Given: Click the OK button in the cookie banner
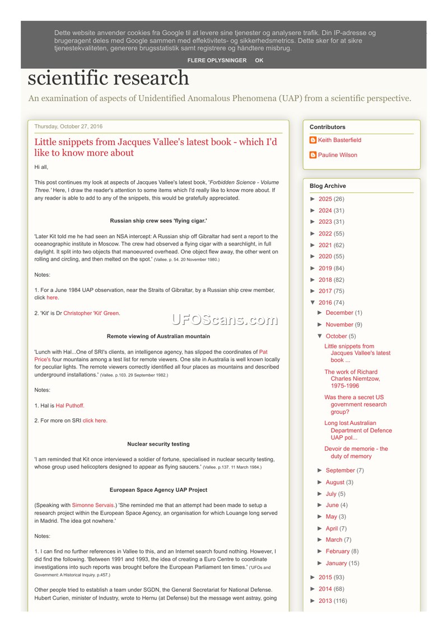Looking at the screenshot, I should pyautogui.click(x=259, y=60).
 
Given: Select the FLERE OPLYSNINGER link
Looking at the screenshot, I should pyautogui.click(x=217, y=60).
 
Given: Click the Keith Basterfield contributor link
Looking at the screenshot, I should pyautogui.click(x=339, y=140).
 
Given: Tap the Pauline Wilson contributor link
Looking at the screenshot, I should pyautogui.click(x=337, y=155).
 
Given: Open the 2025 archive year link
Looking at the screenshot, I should pyautogui.click(x=325, y=199).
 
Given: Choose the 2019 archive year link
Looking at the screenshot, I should pyautogui.click(x=325, y=268).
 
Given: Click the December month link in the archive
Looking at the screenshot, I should pyautogui.click(x=339, y=313).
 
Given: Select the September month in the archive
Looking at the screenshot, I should pyautogui.click(x=340, y=471).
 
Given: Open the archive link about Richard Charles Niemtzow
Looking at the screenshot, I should pyautogui.click(x=352, y=379).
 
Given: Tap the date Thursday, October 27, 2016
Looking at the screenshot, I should pyautogui.click(x=68, y=126).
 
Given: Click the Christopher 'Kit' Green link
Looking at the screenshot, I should pyautogui.click(x=91, y=313).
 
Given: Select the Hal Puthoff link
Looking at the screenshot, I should pyautogui.click(x=70, y=405).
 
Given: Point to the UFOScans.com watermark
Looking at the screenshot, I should pyautogui.click(x=225, y=320).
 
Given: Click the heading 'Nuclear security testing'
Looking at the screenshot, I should pyautogui.click(x=158, y=444).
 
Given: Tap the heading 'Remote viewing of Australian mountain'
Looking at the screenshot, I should pyautogui.click(x=158, y=336).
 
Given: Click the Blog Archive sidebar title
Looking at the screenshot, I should pyautogui.click(x=328, y=186).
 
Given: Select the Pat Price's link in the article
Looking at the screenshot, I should pyautogui.click(x=263, y=352).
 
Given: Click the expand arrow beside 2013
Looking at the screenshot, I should pyautogui.click(x=313, y=601).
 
